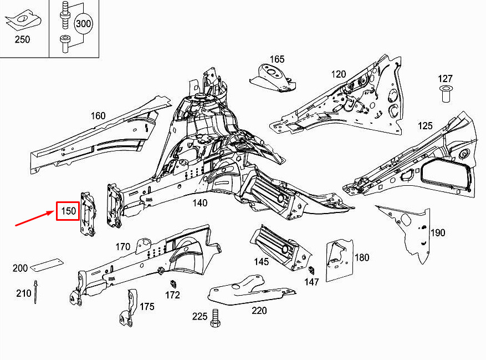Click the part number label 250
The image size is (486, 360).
point(23,39)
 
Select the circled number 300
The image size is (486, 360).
point(83,24)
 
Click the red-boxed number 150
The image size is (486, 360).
point(68,211)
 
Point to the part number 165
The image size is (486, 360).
point(277,59)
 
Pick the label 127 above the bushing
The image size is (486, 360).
point(446,79)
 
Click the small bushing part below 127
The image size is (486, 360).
point(446,94)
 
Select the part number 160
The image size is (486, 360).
point(98,116)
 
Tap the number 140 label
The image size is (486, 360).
point(199,203)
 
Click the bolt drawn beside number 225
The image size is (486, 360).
point(216,318)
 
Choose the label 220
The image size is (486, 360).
point(259,311)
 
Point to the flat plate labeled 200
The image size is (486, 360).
point(45,265)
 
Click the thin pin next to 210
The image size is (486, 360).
point(36,292)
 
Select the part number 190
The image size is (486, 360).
point(438,232)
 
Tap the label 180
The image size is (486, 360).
point(362,257)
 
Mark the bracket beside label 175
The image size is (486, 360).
point(128,308)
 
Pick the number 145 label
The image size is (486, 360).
point(261,262)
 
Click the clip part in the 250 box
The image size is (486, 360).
point(22,20)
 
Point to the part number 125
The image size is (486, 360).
point(425,126)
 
